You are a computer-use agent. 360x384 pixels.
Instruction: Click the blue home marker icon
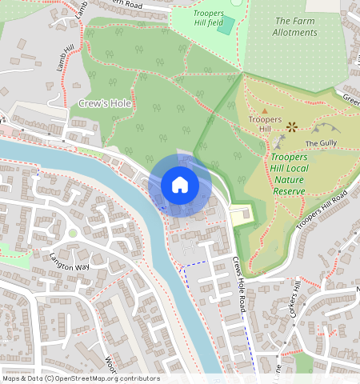(180, 185)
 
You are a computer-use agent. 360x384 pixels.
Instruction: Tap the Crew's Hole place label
(105, 104)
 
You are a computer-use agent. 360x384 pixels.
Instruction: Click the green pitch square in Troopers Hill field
(226, 25)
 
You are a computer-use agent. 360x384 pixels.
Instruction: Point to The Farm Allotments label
(294, 26)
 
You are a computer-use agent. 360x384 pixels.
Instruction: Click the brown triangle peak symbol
(265, 110)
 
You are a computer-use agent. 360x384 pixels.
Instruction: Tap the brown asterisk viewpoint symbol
(292, 126)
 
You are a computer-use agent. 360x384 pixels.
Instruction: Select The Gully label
(322, 143)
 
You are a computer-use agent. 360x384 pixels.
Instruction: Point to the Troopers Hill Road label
(322, 212)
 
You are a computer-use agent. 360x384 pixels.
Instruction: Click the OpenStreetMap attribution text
(80, 378)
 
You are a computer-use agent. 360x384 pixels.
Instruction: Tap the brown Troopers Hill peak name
(265, 124)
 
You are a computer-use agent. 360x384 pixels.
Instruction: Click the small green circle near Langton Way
(73, 233)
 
